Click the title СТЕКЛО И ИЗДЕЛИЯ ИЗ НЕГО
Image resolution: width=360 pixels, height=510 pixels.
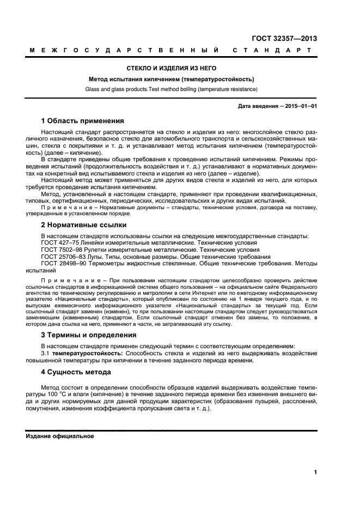click(x=172, y=68)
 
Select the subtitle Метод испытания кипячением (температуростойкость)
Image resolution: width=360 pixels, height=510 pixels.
click(x=172, y=78)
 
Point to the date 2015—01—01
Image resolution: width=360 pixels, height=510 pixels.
click(x=297, y=106)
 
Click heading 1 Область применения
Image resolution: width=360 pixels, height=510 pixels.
click(x=83, y=120)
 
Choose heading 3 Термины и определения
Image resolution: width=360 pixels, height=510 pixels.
click(x=89, y=335)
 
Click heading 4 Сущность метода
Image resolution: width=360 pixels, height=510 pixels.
click(x=76, y=372)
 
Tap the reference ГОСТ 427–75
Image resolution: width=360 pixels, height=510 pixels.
click(x=59, y=242)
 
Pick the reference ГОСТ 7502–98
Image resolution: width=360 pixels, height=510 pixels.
click(x=60, y=250)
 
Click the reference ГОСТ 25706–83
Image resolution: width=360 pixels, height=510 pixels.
click(x=63, y=256)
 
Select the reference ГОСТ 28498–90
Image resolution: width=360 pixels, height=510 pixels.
click(x=63, y=263)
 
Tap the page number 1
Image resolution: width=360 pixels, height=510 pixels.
click(x=315, y=472)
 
